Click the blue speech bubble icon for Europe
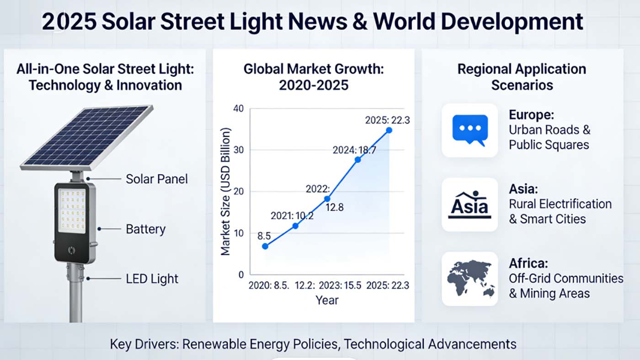[x=469, y=130]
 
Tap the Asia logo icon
[x=469, y=204]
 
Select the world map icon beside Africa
[x=469, y=279]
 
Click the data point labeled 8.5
[x=265, y=246]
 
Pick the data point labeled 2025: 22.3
[x=389, y=130]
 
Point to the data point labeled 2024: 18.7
[x=357, y=160]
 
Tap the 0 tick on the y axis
[x=240, y=275]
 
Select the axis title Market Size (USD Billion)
[x=225, y=191]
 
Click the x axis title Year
[x=327, y=300]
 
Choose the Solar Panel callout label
[x=157, y=179]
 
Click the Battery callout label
[x=145, y=229]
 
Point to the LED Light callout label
[x=152, y=279]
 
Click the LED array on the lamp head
[x=72, y=211]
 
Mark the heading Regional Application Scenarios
[x=522, y=77]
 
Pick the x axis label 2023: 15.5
[x=340, y=285]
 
